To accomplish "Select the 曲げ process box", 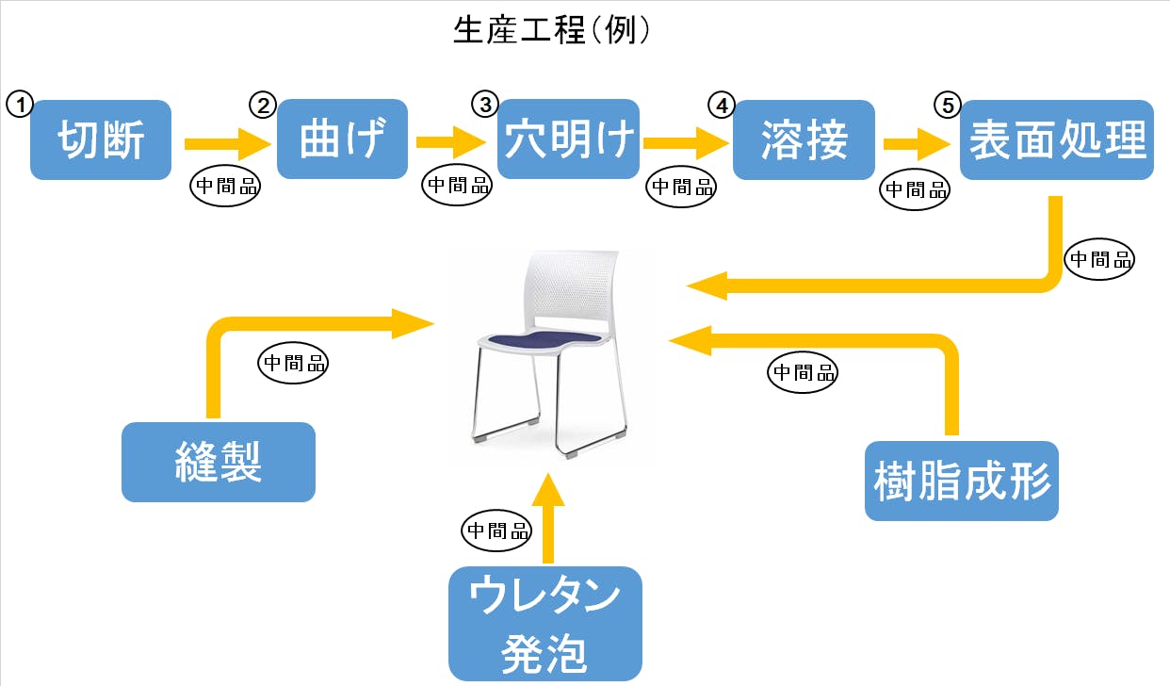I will (342, 139).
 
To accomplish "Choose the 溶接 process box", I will (804, 139).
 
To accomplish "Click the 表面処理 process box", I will (1057, 139).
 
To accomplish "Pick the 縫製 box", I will (218, 462).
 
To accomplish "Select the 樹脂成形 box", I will (962, 480).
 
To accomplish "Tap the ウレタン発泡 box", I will (545, 624).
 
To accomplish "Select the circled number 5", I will (947, 104).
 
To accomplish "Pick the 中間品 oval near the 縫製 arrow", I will (293, 364).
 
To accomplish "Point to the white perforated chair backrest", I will (571, 287).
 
